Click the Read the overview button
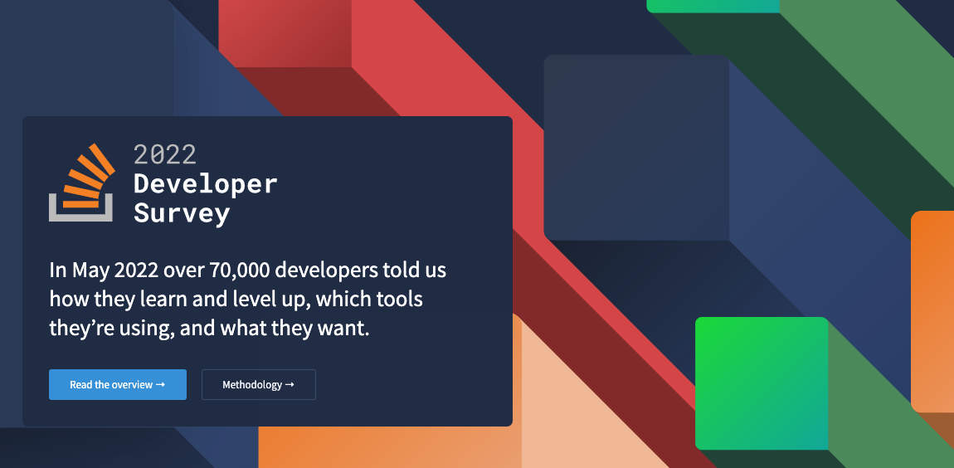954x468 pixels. [117, 385]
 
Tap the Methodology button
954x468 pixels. [258, 385]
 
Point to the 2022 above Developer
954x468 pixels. [165, 154]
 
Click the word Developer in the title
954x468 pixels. [205, 183]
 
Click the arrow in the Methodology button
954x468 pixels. [290, 385]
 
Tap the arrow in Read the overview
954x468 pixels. [160, 385]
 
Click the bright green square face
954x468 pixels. [761, 383]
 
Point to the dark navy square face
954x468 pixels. [635, 148]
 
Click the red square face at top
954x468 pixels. [285, 32]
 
